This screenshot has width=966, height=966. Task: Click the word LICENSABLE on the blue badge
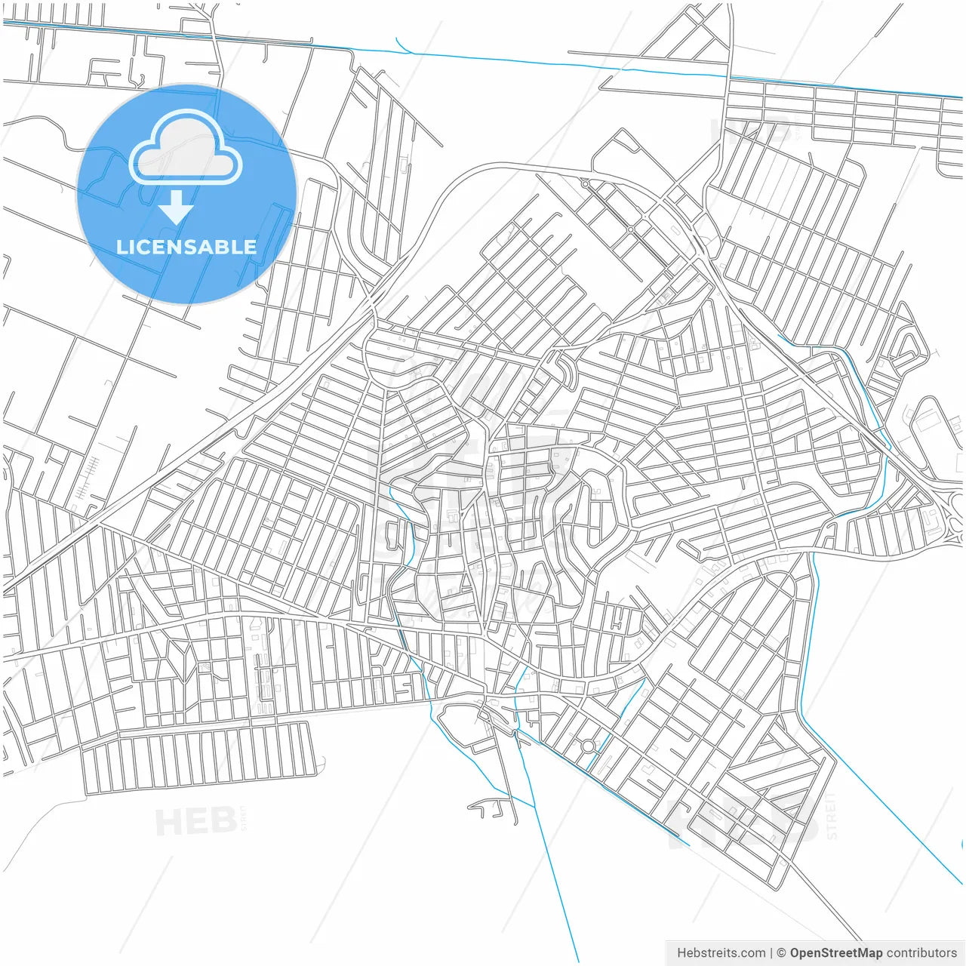coord(186,247)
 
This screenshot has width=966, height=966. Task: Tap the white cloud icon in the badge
coord(186,149)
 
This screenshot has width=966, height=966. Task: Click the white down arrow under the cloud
coord(177,208)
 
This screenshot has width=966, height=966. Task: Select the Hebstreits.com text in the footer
coord(721,953)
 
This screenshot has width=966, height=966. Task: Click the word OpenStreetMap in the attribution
coord(836,953)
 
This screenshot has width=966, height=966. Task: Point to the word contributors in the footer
coord(921,953)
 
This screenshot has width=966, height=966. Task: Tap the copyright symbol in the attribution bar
coord(781,953)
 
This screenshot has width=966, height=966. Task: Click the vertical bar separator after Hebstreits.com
coord(771,953)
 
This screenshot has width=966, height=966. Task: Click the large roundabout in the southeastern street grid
coord(588,746)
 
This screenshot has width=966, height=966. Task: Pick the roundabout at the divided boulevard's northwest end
coord(585,183)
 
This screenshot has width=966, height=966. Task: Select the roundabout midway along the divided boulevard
coord(630,229)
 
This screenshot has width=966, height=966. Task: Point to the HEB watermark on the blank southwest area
coord(195,821)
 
